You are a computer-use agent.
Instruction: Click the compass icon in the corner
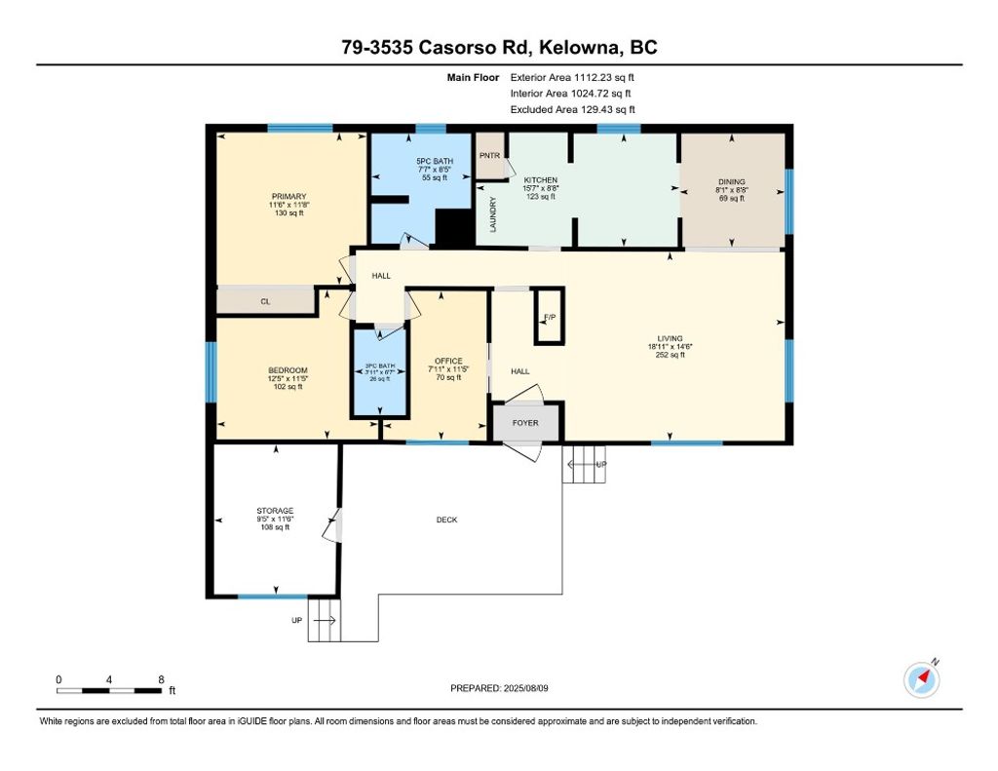(x=922, y=679)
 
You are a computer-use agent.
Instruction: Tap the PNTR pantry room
(x=489, y=155)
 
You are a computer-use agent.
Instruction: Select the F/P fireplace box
(x=549, y=317)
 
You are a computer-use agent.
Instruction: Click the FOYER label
(x=527, y=422)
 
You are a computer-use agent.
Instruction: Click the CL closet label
(x=264, y=302)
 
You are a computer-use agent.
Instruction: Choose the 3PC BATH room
(x=378, y=374)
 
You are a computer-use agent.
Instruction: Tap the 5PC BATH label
(x=434, y=161)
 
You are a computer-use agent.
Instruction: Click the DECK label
(x=446, y=520)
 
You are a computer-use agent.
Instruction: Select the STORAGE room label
(x=275, y=511)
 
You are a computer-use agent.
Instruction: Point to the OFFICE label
(x=448, y=362)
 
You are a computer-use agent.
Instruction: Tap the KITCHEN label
(x=541, y=181)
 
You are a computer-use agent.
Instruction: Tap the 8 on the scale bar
(x=161, y=679)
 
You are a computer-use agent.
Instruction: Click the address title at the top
(x=498, y=48)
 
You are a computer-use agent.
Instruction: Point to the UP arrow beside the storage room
(x=326, y=620)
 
